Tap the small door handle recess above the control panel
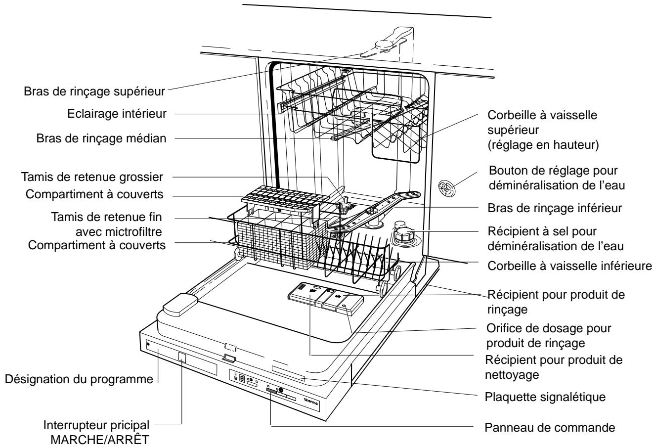click(228, 357)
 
